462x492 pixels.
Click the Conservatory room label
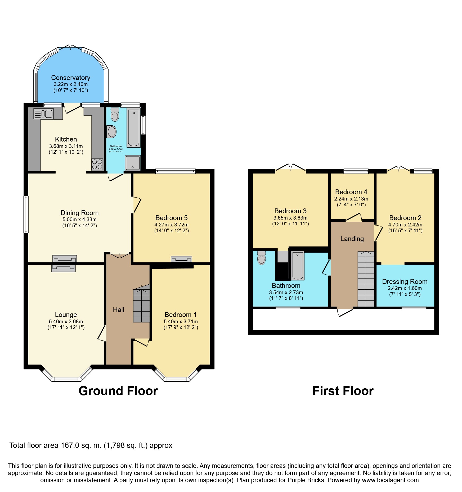point(71,78)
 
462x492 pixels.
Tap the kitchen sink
point(43,114)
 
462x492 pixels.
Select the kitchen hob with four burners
point(97,164)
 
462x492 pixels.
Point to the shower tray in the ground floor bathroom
point(133,163)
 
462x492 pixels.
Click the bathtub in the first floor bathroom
point(298,266)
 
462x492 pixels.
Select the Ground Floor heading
point(118,391)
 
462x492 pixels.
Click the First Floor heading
point(343,391)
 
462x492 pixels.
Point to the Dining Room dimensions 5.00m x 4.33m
point(79,220)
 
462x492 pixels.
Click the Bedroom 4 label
point(351,192)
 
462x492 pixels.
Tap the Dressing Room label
point(405,282)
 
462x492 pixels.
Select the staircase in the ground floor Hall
point(141,306)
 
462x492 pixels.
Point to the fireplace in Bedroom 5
point(181,259)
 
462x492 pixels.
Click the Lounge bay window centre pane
point(66,379)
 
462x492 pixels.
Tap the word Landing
point(352,239)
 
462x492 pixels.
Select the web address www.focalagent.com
point(391,480)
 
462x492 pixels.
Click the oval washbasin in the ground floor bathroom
point(111,132)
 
